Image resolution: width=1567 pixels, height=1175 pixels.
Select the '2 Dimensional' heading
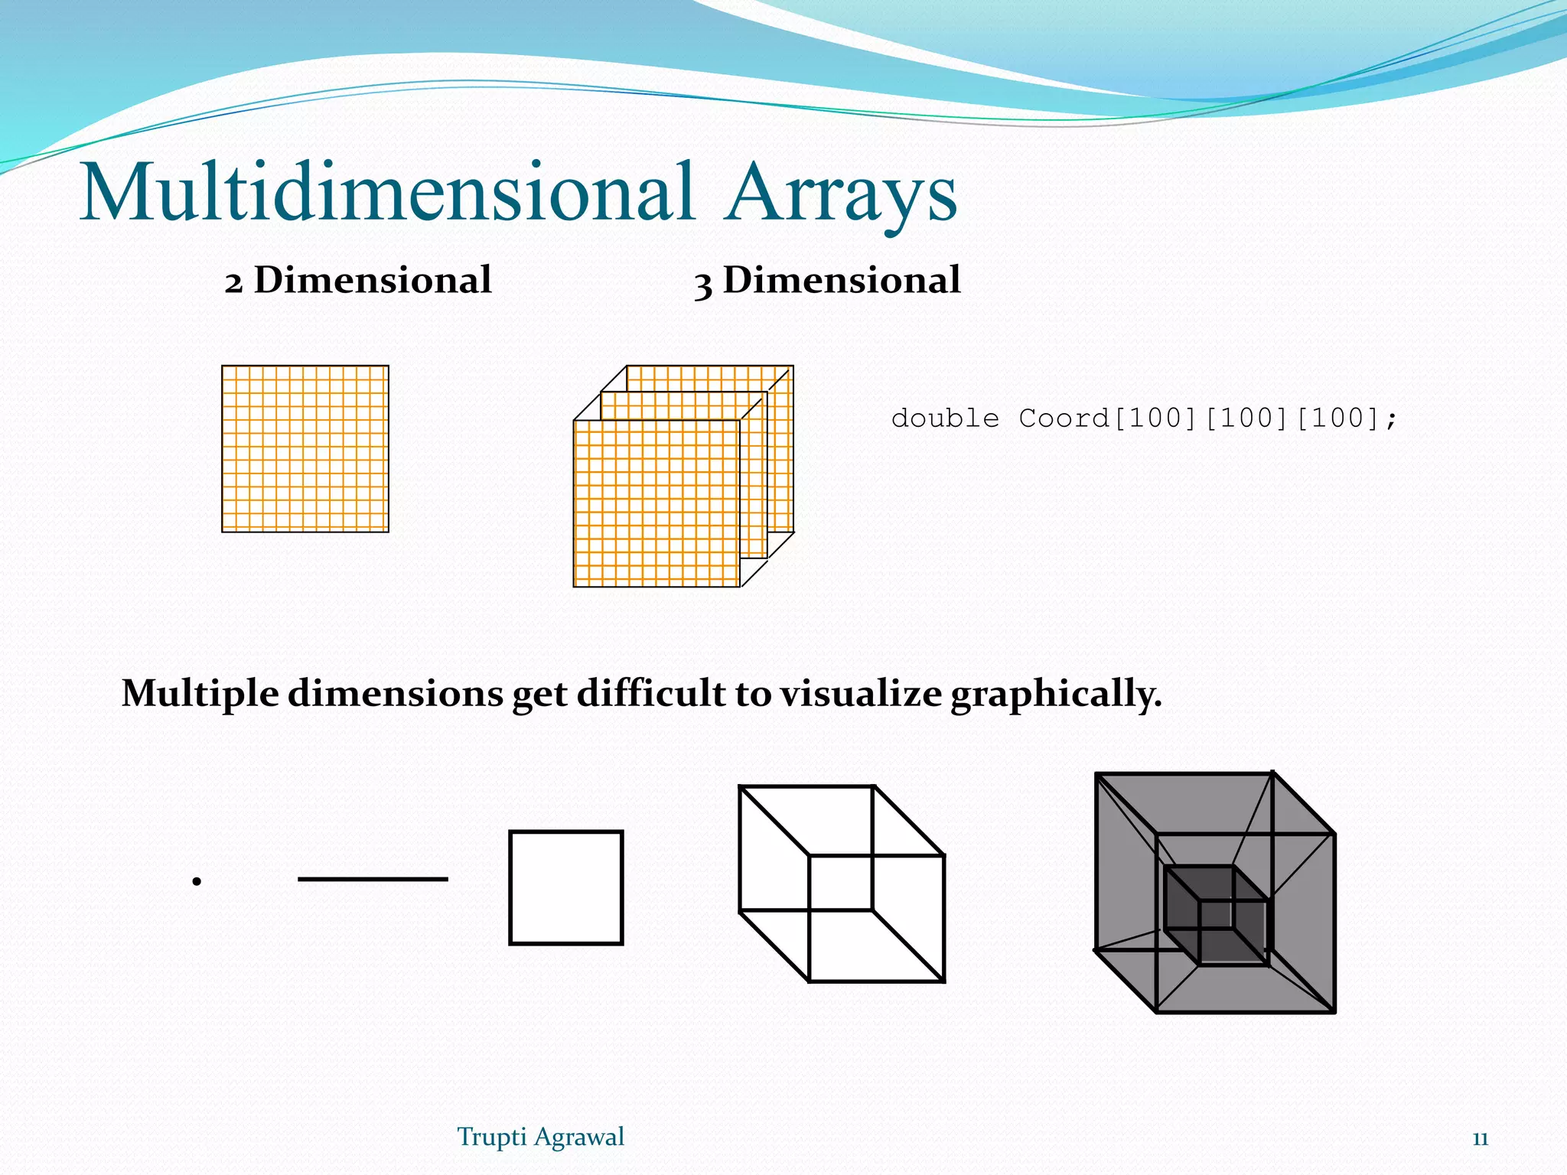(358, 280)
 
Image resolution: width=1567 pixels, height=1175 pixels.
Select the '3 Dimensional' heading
(827, 280)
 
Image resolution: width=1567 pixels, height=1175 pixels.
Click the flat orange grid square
(305, 449)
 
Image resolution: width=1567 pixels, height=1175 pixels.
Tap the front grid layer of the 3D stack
(656, 503)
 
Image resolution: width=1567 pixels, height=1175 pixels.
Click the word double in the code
(945, 418)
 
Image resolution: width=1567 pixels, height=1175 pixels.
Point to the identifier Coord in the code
(1064, 418)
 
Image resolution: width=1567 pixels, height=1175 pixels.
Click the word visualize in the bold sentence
(861, 693)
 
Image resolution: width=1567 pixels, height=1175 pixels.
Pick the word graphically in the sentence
(1056, 695)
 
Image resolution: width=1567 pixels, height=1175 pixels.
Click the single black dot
(197, 881)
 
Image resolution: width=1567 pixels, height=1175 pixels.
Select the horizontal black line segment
(373, 879)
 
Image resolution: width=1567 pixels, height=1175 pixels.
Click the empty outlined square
(566, 887)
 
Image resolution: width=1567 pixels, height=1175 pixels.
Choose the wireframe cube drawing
(842, 884)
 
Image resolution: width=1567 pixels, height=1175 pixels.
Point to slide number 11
(1480, 1139)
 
